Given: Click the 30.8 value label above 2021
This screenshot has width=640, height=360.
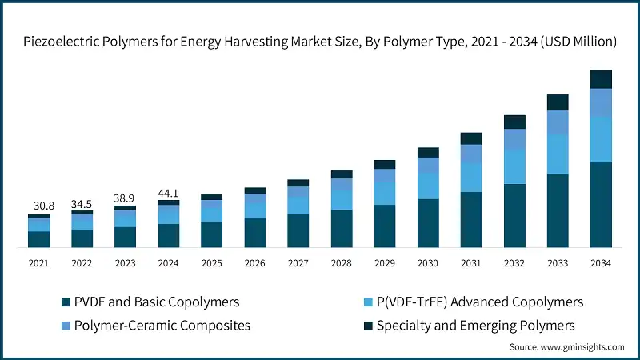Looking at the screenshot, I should click(38, 206).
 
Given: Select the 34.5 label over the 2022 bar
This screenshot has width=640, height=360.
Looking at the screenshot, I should click(82, 204).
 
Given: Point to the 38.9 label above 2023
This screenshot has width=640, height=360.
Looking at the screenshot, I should click(125, 198).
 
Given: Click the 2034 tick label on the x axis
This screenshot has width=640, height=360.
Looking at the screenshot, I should click(601, 262).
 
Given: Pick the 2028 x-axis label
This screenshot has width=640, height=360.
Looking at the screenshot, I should click(342, 262).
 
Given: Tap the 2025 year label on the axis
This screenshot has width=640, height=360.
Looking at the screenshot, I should click(212, 262).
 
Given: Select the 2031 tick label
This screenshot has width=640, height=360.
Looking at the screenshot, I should click(471, 262).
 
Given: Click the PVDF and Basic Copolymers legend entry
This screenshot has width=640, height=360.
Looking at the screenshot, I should click(156, 302).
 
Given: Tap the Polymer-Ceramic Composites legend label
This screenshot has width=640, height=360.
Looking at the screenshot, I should click(162, 326).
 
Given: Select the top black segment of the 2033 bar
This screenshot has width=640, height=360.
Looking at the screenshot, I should click(558, 102).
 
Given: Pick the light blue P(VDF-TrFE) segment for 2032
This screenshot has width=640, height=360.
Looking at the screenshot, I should click(514, 166).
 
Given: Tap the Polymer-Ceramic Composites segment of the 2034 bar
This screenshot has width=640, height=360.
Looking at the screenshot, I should click(601, 102).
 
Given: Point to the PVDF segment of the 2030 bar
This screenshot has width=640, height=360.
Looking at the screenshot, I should click(428, 222).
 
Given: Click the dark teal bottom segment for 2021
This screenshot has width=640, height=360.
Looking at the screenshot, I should click(38, 238).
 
